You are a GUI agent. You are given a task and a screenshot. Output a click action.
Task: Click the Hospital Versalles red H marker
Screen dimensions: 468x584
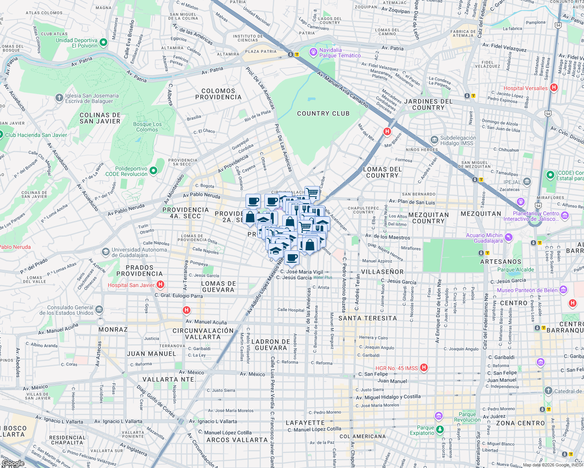[554, 88]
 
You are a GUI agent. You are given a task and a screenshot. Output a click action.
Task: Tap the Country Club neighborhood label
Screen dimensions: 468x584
[323, 113]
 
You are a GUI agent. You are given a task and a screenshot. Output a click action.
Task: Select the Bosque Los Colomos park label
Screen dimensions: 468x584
[147, 127]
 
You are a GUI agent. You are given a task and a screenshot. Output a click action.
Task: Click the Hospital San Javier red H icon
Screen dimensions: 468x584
[160, 285]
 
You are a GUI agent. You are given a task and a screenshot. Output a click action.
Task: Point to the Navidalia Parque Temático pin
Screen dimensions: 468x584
[313, 52]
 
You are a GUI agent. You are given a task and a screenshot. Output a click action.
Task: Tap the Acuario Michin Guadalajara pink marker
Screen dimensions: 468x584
[508, 237]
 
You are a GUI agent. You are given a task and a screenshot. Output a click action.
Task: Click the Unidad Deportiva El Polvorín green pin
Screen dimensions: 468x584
[103, 42]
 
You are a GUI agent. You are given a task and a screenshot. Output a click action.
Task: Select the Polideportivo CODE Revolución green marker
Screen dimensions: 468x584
[153, 170]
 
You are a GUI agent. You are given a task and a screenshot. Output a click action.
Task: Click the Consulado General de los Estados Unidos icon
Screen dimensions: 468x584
[99, 310]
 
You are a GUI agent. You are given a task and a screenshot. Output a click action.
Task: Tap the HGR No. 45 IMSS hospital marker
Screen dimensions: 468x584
[424, 367]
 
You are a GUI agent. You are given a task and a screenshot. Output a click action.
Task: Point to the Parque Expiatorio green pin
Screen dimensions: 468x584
[440, 430]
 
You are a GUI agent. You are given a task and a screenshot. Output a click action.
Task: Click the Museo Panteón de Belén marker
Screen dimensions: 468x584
[563, 289]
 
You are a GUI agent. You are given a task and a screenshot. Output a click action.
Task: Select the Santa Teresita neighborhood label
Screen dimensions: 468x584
[367, 318]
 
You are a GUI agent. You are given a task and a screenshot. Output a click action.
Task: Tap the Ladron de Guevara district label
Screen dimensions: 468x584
[271, 345]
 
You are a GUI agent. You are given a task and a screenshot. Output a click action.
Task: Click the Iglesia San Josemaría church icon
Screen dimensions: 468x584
[59, 97]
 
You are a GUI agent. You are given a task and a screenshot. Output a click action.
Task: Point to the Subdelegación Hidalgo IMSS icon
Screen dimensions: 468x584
[434, 140]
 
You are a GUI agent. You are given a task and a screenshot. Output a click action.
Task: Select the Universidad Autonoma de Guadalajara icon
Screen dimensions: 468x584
[105, 252]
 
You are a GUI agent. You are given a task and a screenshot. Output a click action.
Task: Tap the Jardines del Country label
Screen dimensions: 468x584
[428, 105]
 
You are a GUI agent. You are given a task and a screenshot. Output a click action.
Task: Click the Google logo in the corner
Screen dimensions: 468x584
[13, 463]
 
